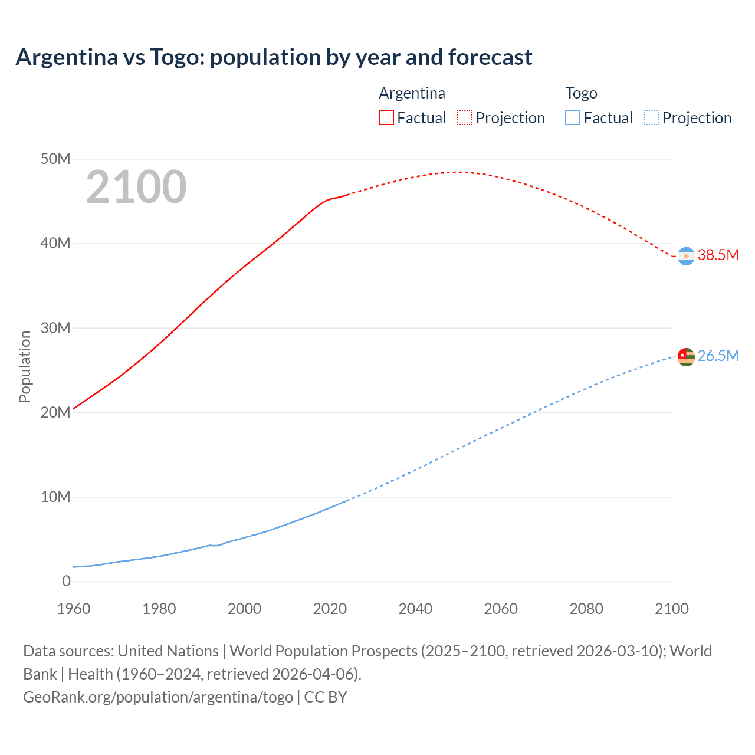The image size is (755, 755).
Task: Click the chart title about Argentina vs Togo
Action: click(x=274, y=57)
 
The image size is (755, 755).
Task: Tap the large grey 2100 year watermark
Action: click(x=136, y=187)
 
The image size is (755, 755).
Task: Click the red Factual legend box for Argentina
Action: click(x=386, y=117)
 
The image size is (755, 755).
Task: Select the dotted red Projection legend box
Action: click(x=465, y=117)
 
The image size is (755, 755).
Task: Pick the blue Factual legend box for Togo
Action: click(x=573, y=117)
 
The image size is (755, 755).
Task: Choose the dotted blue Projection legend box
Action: click(x=652, y=117)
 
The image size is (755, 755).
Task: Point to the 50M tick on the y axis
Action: click(x=55, y=159)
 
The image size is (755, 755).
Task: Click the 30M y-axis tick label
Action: click(x=55, y=328)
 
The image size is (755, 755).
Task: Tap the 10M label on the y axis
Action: click(x=55, y=497)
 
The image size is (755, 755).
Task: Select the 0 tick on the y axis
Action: click(x=66, y=581)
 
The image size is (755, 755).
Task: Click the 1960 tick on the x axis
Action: click(x=74, y=609)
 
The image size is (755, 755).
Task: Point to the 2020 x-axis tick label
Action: click(x=330, y=609)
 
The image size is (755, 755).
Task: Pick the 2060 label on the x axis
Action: click(x=501, y=609)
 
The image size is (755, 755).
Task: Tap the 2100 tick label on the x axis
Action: click(x=671, y=609)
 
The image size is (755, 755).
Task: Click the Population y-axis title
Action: click(x=25, y=366)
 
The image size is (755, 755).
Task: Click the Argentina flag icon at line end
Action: click(x=686, y=256)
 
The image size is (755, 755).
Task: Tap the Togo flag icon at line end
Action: click(x=686, y=357)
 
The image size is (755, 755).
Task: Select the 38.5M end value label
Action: click(x=718, y=255)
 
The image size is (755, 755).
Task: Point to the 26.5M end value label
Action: click(x=718, y=356)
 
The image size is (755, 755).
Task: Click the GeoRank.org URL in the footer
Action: click(x=158, y=697)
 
